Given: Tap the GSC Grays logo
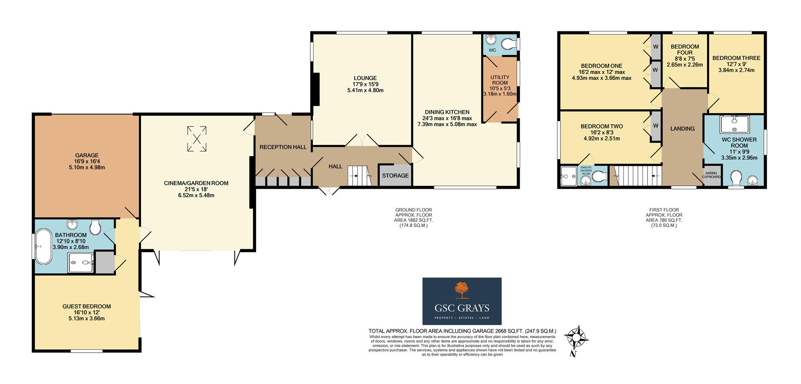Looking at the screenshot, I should [x=462, y=301].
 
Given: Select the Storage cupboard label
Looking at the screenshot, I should [x=395, y=175].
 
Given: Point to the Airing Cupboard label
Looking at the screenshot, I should [x=711, y=175].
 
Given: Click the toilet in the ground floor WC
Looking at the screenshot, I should [x=508, y=44].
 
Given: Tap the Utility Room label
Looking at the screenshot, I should [x=499, y=80].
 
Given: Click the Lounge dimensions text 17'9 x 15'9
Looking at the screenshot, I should [x=365, y=84].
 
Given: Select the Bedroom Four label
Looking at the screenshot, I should [x=685, y=49].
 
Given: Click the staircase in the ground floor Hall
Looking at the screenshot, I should [x=359, y=175].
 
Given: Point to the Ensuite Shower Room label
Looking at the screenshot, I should [x=586, y=170].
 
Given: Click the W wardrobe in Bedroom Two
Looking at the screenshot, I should [x=655, y=126].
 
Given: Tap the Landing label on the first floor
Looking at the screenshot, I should [x=682, y=129].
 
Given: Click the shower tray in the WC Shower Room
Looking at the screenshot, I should [x=734, y=124].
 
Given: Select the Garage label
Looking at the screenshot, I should [x=87, y=155].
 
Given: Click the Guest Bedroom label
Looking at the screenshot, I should [x=86, y=306].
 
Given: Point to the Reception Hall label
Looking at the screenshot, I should [x=283, y=147].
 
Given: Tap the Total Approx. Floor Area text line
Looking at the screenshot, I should [x=462, y=331].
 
